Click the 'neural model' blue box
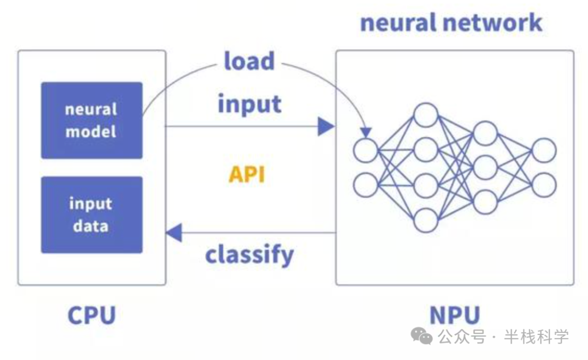pos(92,120)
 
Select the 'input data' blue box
pos(92,215)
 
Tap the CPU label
pos(92,315)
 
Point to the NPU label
pos(455,315)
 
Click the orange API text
pos(247,174)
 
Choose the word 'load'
pos(249,61)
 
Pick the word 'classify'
pos(249,255)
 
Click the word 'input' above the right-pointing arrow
pos(250,104)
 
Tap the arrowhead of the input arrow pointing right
pos(326,126)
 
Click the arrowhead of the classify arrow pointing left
pos(174,233)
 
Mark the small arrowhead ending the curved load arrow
pos(366,132)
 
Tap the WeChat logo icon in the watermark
pos(421,335)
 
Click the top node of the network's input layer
pos(366,150)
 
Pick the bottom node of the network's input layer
pos(366,185)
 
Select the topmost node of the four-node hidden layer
pos(426,115)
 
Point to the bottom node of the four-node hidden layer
pos(426,220)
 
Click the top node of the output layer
pos(544,150)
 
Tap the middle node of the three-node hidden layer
pos(485,168)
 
